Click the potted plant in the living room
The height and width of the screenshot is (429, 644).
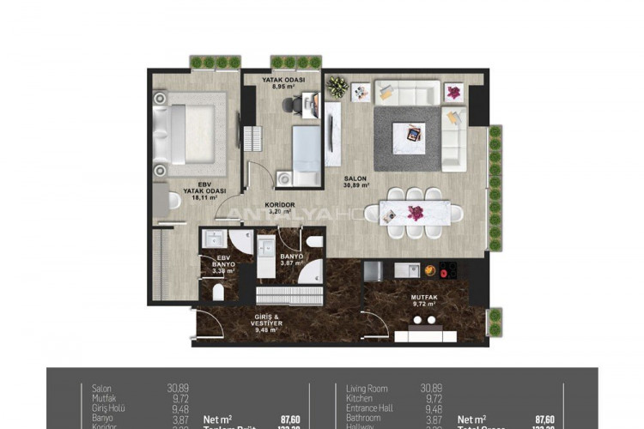tap(338, 88)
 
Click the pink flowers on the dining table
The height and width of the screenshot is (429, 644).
tap(416, 212)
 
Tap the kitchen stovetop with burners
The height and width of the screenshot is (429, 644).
tap(448, 269)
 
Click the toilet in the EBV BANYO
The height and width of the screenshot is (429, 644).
tap(217, 293)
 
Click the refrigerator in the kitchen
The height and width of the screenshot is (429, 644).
tap(373, 271)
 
